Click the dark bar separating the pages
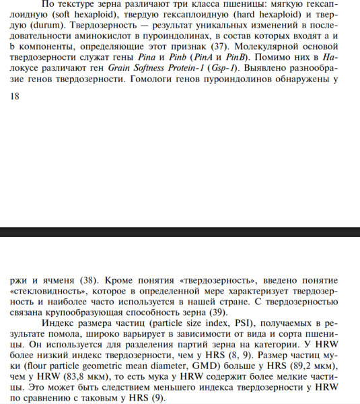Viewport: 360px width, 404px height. click(x=180, y=232)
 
